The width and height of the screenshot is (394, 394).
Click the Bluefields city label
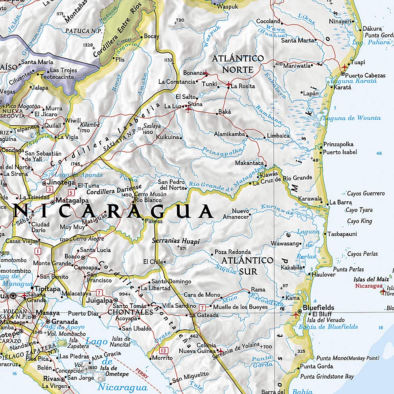(x=318, y=308)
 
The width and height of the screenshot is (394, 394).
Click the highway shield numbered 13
(x=164, y=350)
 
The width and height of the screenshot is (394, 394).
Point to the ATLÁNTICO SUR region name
(x=247, y=266)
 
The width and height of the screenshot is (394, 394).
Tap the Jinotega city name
(x=61, y=183)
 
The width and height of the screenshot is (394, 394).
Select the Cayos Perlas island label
(x=362, y=254)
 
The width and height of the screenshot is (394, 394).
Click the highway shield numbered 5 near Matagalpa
(x=71, y=193)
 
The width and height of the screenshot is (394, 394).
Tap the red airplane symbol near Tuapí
(x=345, y=67)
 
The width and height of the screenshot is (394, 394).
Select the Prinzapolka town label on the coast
(x=338, y=144)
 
